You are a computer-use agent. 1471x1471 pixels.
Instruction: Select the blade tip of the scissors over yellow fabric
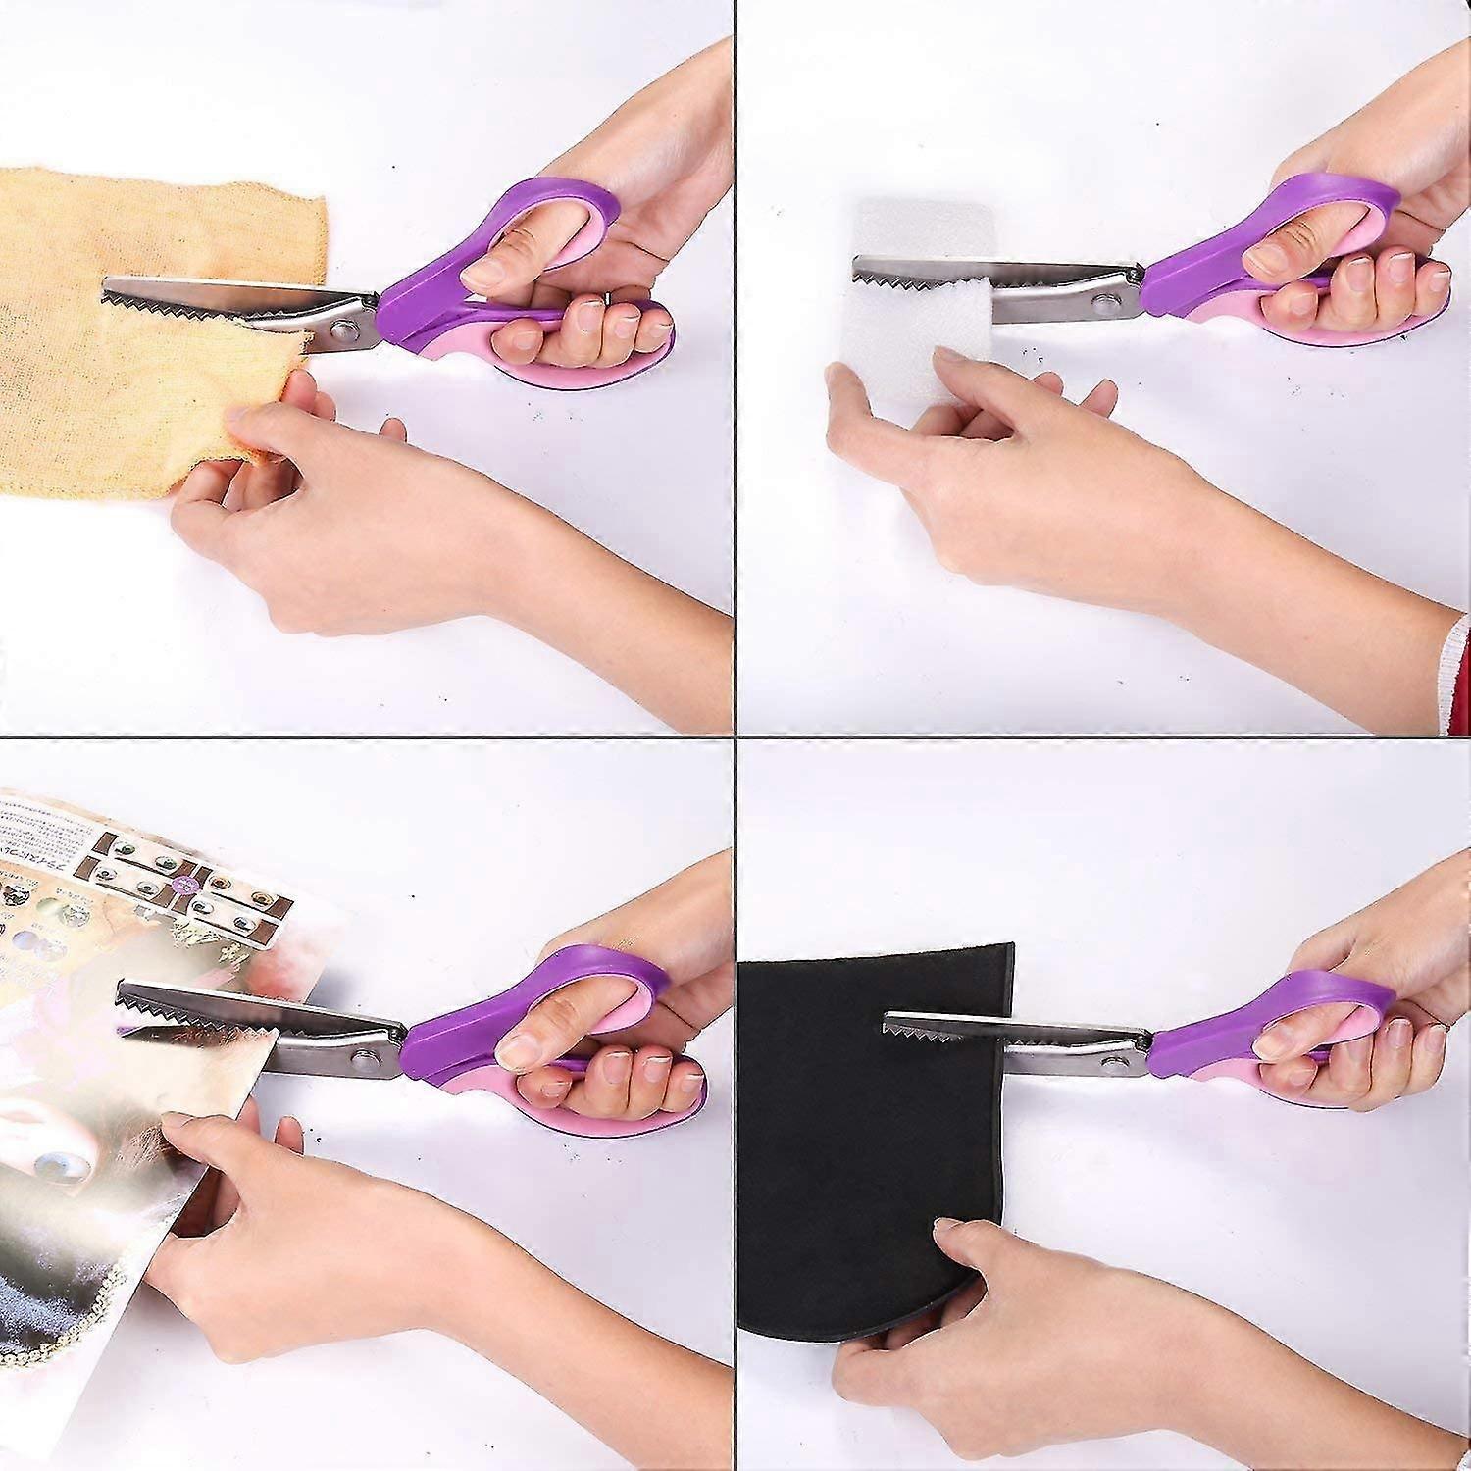pyautogui.click(x=106, y=285)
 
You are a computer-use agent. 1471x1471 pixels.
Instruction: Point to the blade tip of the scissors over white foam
pyautogui.click(x=857, y=262)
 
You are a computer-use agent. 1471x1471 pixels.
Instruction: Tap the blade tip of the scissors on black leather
pyautogui.click(x=888, y=1018)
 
